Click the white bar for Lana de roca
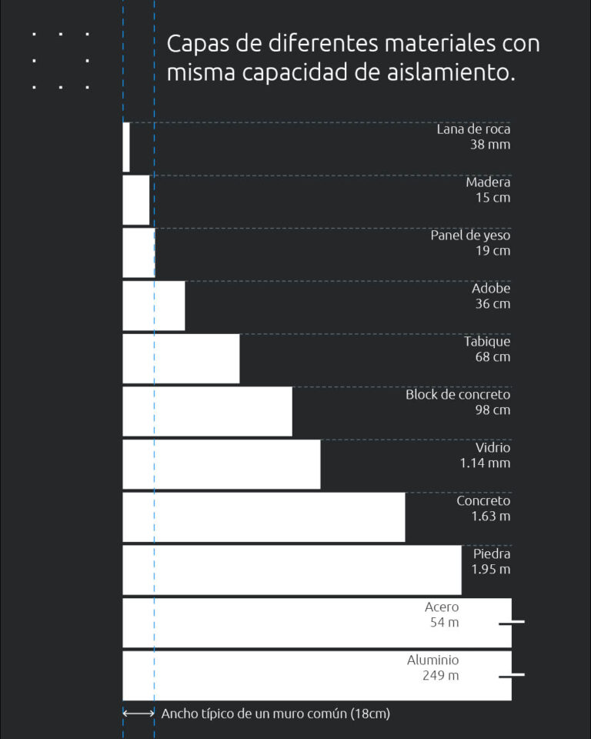click(x=126, y=146)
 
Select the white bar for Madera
click(x=136, y=200)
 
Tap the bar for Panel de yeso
click(x=139, y=252)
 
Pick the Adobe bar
click(x=154, y=306)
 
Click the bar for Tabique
click(x=181, y=359)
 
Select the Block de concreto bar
click(x=208, y=412)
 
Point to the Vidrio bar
click(x=222, y=464)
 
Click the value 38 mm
click(x=490, y=145)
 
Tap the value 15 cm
click(x=492, y=198)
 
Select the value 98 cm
click(x=492, y=410)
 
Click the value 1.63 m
click(x=490, y=517)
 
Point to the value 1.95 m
click(x=490, y=570)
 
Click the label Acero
click(x=442, y=607)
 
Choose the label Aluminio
click(x=432, y=660)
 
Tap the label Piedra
click(x=492, y=554)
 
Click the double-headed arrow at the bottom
click(x=139, y=714)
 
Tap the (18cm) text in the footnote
click(x=370, y=714)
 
